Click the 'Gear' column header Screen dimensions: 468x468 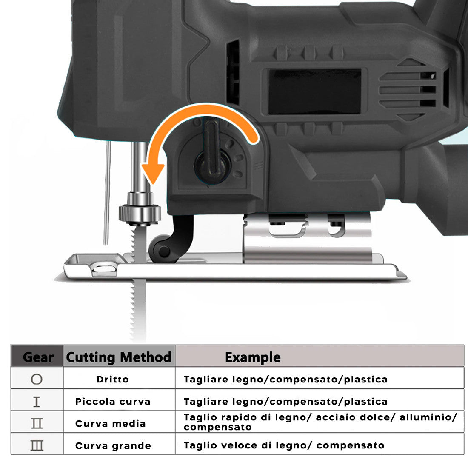coord(38,357)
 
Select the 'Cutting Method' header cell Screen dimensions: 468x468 coord(119,357)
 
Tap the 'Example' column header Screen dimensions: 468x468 coord(253,357)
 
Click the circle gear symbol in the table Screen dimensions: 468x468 coord(37,379)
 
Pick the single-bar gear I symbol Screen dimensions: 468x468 coord(37,402)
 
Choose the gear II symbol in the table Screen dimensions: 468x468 coord(37,423)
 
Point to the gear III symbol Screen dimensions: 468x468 coord(37,445)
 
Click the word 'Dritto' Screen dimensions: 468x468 coord(112,380)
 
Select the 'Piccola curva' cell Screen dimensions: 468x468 coord(113,402)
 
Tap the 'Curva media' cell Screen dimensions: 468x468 coord(111,423)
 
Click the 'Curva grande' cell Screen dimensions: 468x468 coord(113,446)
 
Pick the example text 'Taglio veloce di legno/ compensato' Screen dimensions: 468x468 coord(284,445)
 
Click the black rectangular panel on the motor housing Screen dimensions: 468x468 coord(315,91)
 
